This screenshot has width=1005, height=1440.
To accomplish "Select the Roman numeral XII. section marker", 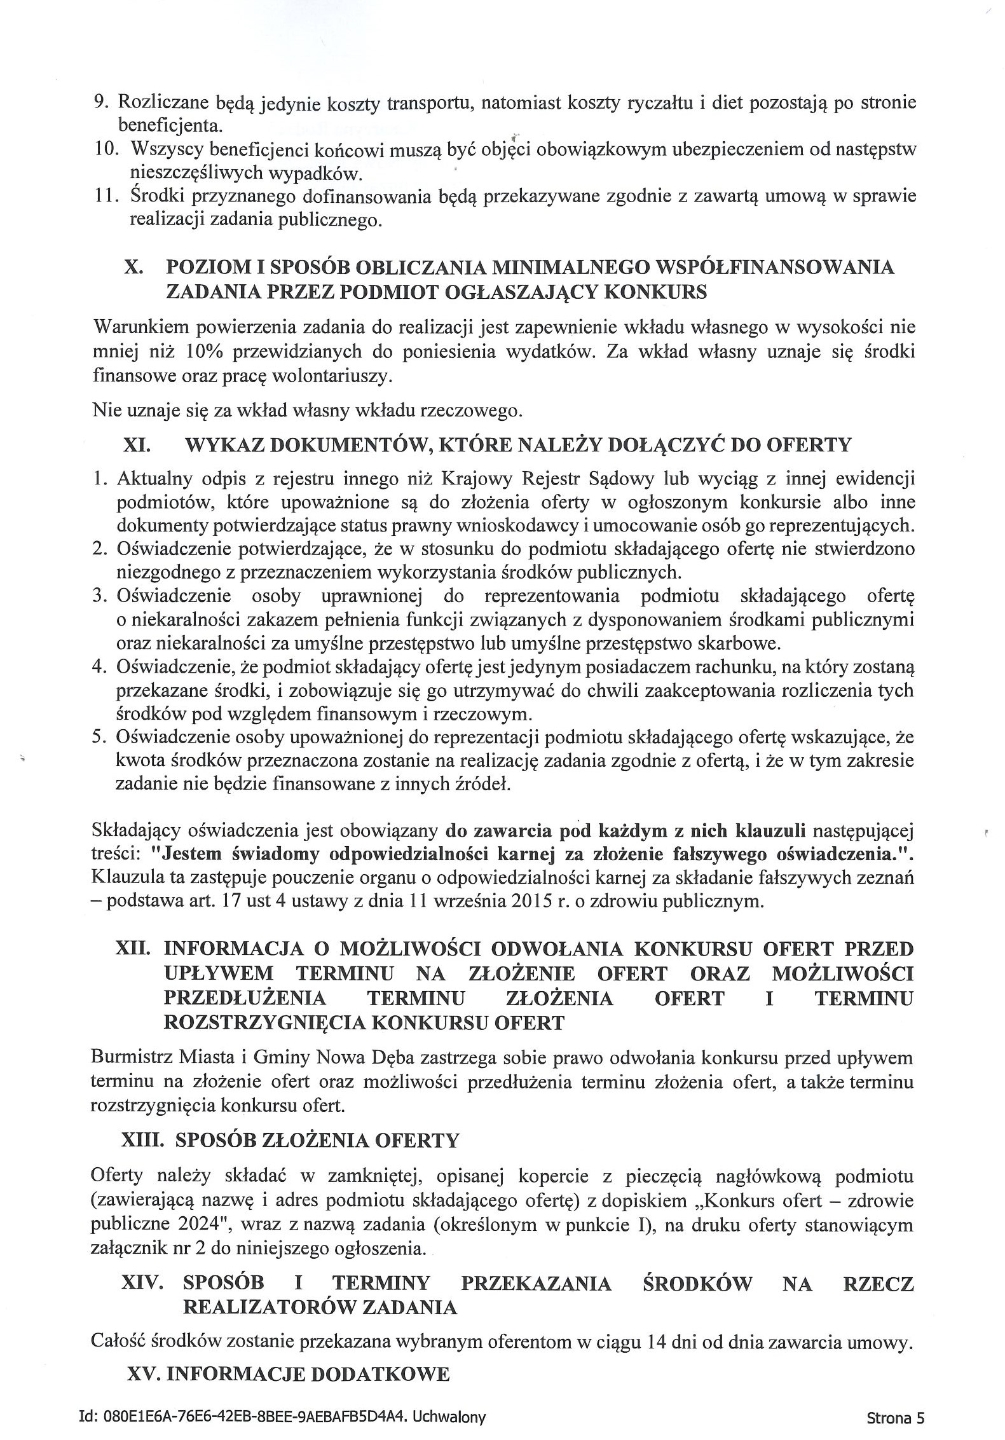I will [133, 949].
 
